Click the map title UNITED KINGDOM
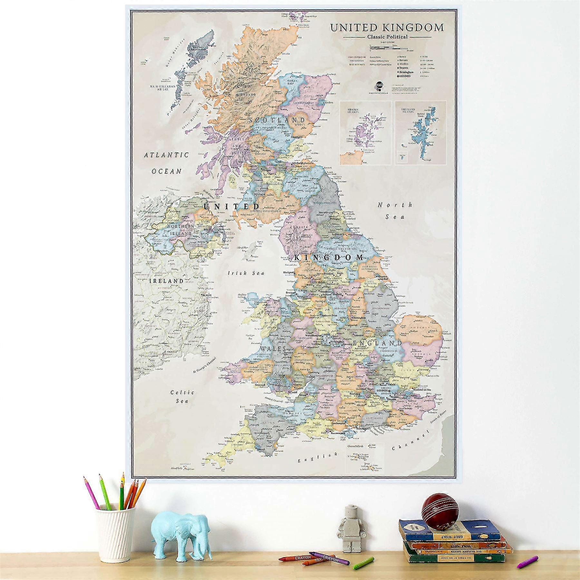387,28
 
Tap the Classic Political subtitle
387,37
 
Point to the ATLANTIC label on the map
166,155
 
